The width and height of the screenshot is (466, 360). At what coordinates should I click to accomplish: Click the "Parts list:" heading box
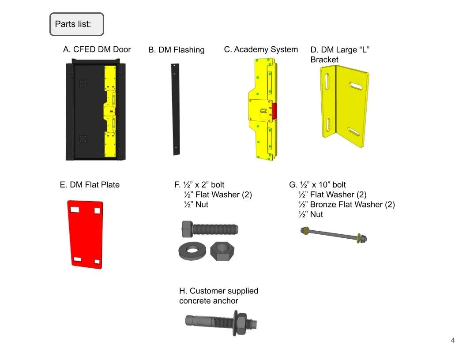pos(76,24)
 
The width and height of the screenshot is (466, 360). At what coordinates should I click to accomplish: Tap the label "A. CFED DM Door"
pos(97,49)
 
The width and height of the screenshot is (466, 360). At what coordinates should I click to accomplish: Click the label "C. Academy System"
pos(261,49)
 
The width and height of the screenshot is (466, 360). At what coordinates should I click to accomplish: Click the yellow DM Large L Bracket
pos(344,106)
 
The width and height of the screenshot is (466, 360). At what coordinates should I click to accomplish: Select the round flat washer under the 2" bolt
pos(192,251)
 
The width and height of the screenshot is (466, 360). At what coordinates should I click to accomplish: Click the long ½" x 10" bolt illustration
pos(334,235)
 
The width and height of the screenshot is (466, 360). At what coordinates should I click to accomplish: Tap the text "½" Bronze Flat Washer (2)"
pos(346,205)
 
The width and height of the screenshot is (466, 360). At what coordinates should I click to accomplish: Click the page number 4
pos(453,340)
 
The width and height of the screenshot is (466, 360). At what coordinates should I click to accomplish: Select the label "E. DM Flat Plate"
pos(90,185)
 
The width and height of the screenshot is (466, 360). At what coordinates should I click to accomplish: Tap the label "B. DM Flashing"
pos(176,50)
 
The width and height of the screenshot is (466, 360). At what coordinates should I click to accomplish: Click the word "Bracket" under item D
pos(324,60)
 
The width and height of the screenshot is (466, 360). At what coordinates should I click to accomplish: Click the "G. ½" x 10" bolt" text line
pos(317,185)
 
